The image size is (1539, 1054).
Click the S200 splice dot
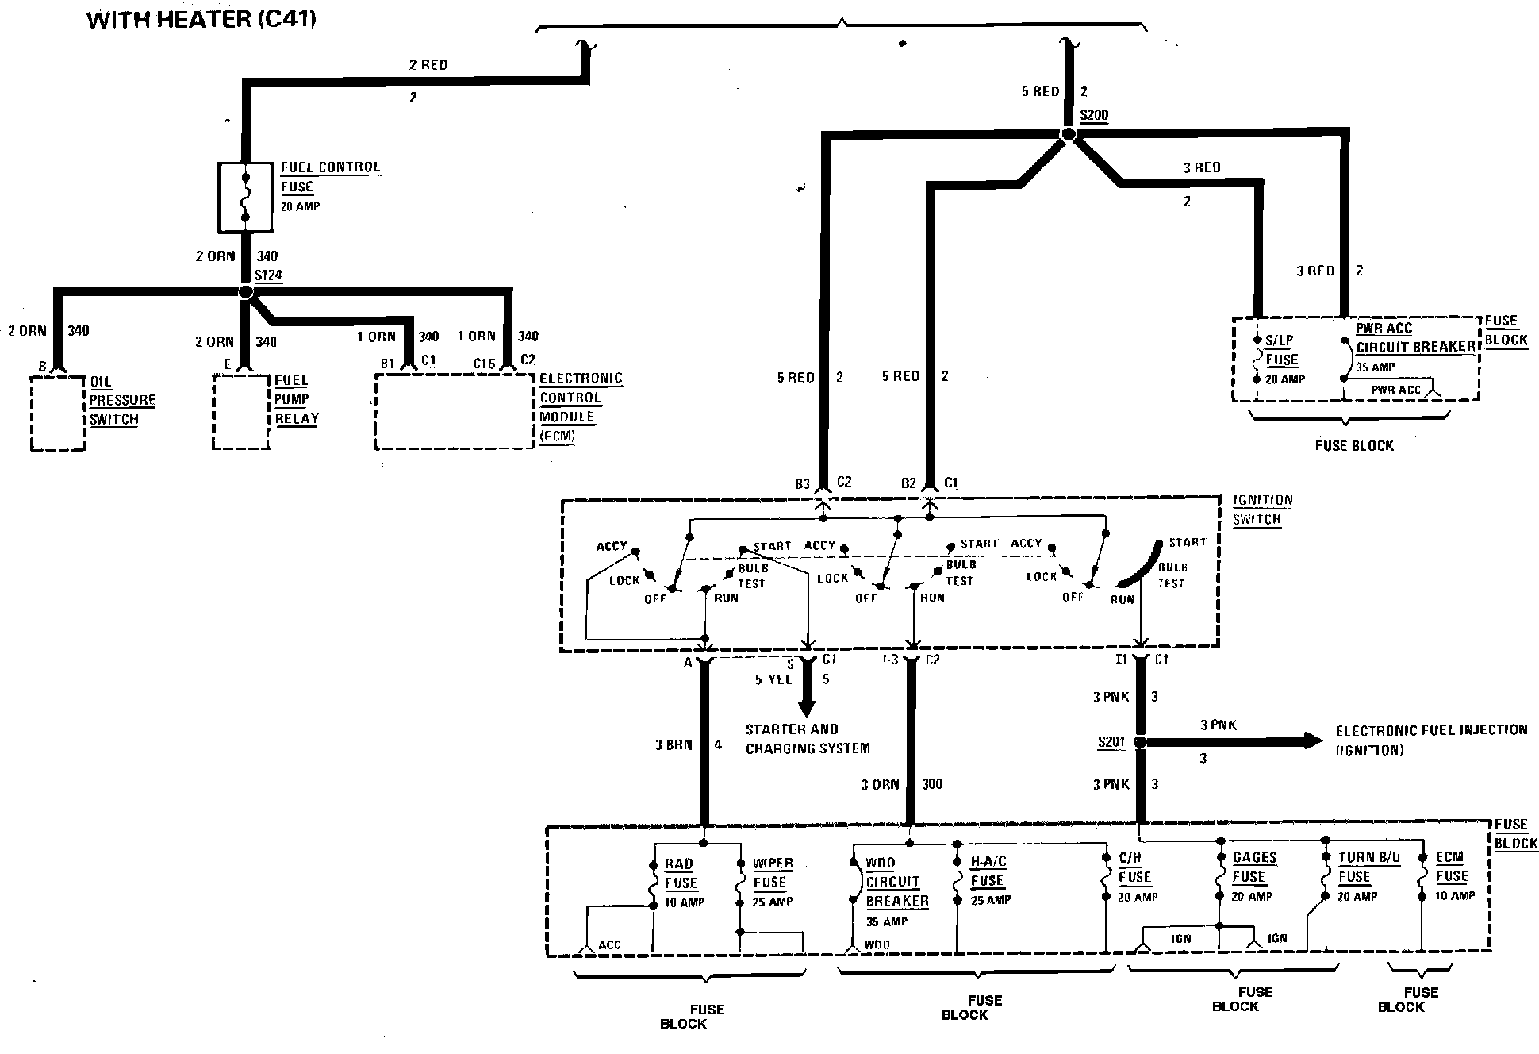[1068, 135]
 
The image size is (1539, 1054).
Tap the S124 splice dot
[246, 292]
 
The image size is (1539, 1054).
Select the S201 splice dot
[1141, 743]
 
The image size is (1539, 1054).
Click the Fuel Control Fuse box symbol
[245, 198]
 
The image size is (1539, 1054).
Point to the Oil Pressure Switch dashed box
[57, 413]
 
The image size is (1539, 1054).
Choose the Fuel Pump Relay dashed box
[241, 412]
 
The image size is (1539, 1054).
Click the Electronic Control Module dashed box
[454, 412]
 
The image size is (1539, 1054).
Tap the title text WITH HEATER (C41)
[201, 19]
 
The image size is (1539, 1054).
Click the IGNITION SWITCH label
[1262, 510]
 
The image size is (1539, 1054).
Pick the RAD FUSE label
[681, 873]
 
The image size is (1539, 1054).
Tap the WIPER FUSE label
[772, 872]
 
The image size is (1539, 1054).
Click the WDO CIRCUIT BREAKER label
[896, 882]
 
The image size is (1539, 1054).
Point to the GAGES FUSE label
[1254, 867]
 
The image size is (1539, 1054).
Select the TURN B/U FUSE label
[1368, 867]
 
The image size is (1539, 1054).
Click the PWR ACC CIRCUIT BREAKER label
[1414, 337]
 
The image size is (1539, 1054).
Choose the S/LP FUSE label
[1281, 350]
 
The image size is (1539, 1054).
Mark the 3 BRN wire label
[674, 744]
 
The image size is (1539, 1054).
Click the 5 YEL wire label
[773, 679]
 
